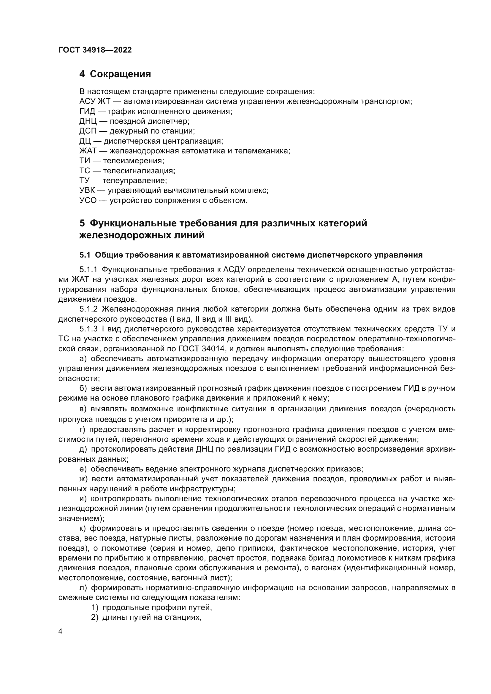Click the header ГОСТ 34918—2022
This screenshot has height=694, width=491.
(x=95, y=50)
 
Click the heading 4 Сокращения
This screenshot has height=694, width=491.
(x=115, y=74)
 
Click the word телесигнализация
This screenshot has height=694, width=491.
(x=139, y=171)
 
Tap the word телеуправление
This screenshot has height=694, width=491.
(x=134, y=181)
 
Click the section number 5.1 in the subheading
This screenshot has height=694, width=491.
(x=85, y=255)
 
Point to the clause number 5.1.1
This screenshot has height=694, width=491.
(x=88, y=270)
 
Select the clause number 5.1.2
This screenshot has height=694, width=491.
(x=88, y=309)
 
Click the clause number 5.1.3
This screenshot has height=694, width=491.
(x=88, y=329)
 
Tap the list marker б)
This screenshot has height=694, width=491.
(x=83, y=388)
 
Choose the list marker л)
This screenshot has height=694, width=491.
(x=83, y=588)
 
